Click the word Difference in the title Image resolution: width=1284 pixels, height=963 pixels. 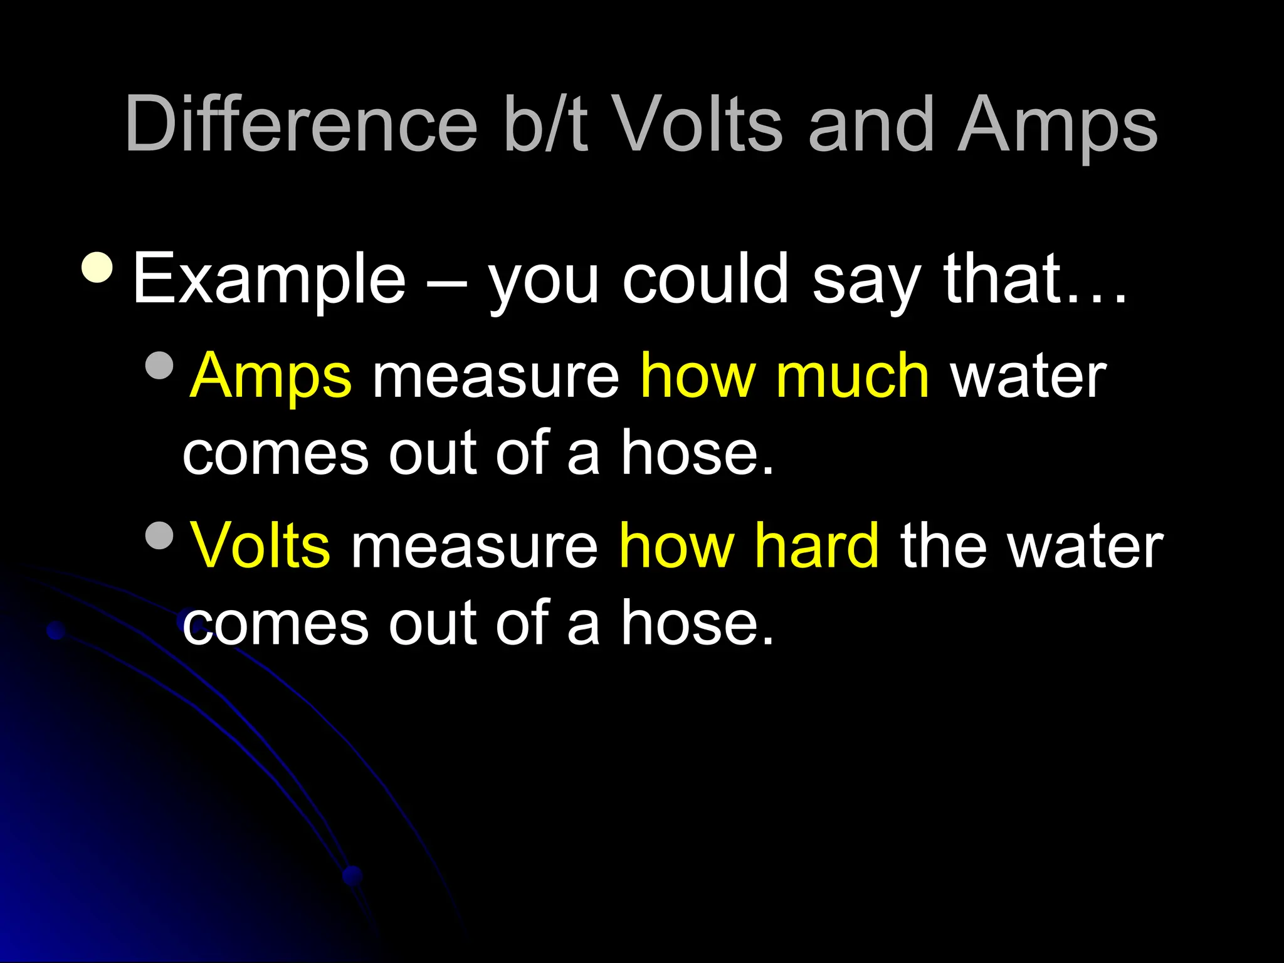pyautogui.click(x=301, y=124)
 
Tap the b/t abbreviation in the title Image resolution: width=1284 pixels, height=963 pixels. pyautogui.click(x=545, y=124)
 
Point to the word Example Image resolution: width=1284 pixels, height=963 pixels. pyautogui.click(x=270, y=279)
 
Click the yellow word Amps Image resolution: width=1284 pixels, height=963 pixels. pyautogui.click(x=271, y=376)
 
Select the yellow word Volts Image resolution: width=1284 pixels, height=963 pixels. pyautogui.click(x=260, y=545)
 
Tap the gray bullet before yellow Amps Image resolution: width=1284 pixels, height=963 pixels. pyautogui.click(x=159, y=366)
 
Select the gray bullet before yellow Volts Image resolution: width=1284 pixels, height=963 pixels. pyautogui.click(x=159, y=535)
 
